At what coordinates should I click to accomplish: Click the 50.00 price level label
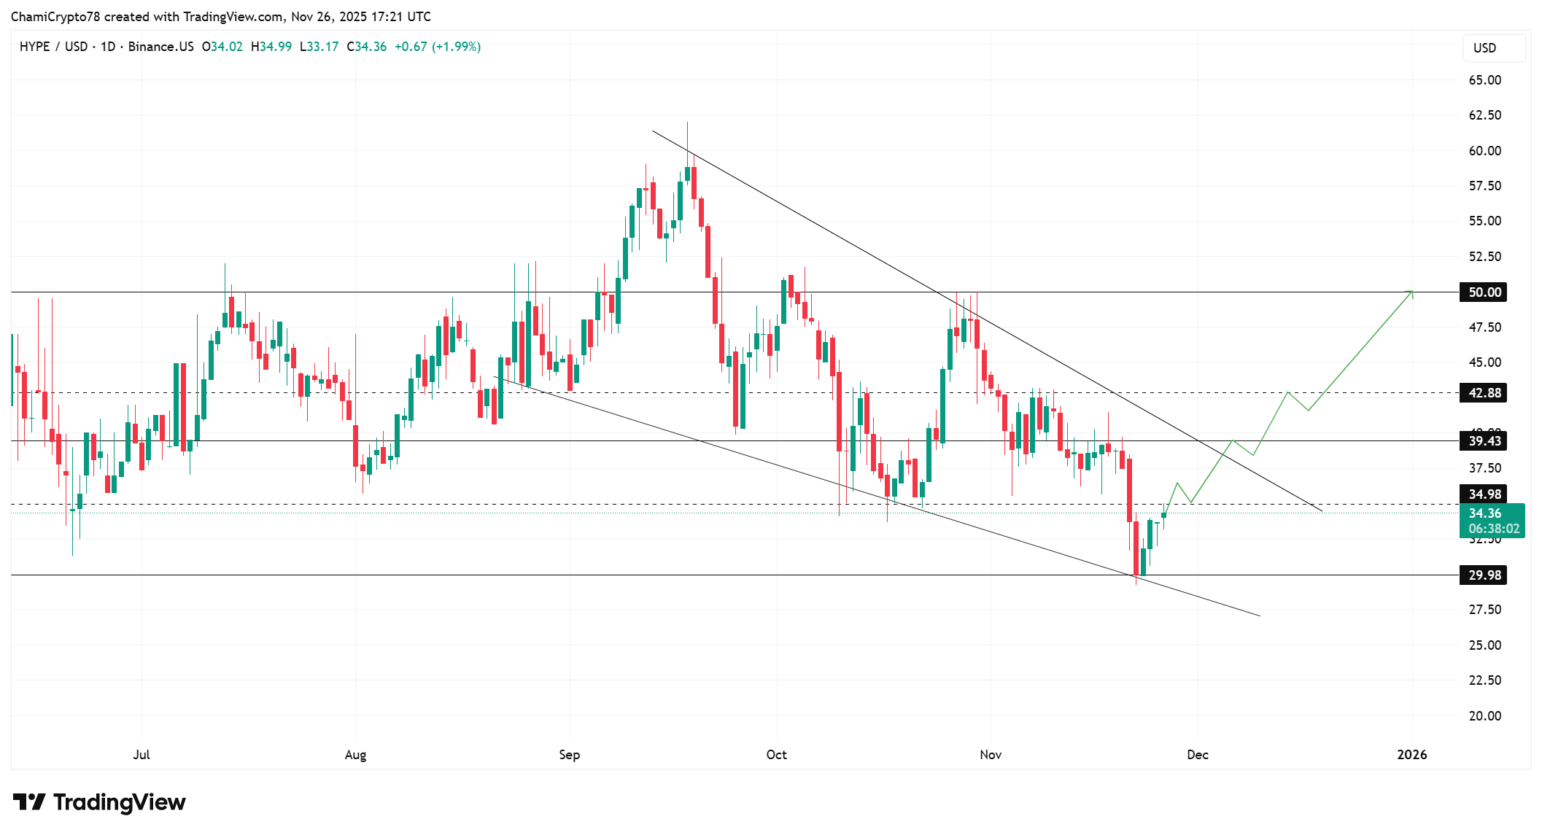coord(1484,292)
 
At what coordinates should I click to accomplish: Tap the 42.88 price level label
coord(1484,393)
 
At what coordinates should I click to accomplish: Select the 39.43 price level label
coord(1484,441)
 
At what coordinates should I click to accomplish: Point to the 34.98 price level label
coord(1484,494)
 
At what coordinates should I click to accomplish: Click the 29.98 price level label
coord(1484,575)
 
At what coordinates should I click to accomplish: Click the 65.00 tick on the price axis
coord(1484,80)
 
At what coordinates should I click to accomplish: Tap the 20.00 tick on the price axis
coord(1484,716)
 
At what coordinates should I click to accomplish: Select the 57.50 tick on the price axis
coord(1484,186)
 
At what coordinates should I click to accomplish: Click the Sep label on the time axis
coord(569,755)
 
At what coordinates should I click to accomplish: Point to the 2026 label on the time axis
coord(1411,755)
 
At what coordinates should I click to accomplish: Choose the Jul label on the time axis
coord(142,755)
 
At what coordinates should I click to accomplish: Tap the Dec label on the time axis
coord(1197,755)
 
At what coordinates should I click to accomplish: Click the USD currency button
coord(1484,48)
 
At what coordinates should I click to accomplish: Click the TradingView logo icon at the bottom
coord(30,802)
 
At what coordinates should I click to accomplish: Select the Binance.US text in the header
coord(160,47)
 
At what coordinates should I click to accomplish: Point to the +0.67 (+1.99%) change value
coord(438,47)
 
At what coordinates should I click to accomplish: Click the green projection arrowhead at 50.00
coord(1411,292)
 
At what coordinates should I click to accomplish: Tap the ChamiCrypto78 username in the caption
coord(55,17)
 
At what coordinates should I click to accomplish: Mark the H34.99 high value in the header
coord(271,47)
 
